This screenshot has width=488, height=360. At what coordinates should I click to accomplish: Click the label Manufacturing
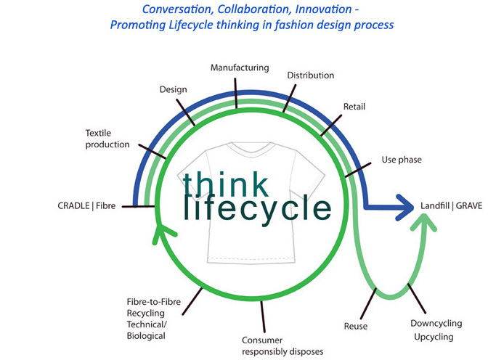pyautogui.click(x=240, y=67)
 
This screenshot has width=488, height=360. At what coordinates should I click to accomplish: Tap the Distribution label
pyautogui.click(x=310, y=75)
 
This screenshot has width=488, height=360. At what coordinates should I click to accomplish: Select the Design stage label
pyautogui.click(x=173, y=89)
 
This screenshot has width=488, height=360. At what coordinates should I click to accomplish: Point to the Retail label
pyautogui.click(x=354, y=107)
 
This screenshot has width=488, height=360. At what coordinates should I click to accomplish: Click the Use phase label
pyautogui.click(x=402, y=159)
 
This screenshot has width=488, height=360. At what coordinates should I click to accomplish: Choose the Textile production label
pyautogui.click(x=107, y=139)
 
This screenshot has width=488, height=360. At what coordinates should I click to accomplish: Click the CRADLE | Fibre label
pyautogui.click(x=86, y=206)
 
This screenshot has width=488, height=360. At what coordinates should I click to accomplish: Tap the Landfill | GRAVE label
pyautogui.click(x=451, y=206)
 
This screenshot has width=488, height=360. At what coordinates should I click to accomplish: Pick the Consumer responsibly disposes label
pyautogui.click(x=282, y=345)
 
